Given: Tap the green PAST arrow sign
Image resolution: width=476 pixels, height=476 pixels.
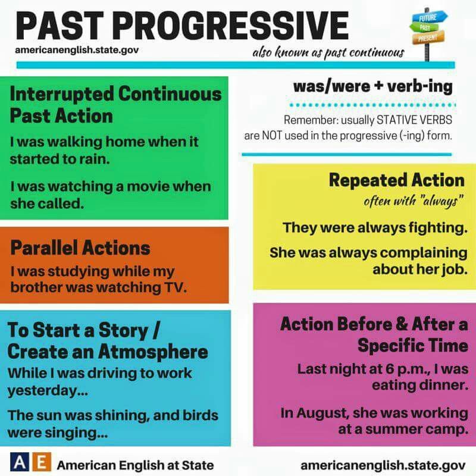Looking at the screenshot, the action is (424, 27).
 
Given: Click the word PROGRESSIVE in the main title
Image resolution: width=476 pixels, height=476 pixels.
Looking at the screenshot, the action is (232, 26).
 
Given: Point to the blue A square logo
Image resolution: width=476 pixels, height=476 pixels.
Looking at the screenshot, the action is (20, 463).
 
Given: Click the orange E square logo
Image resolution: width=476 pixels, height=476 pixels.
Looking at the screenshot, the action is (41, 463).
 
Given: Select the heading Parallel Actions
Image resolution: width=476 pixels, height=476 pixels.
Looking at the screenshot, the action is (80, 248).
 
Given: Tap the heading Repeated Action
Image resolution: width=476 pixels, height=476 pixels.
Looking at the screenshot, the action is (397, 180).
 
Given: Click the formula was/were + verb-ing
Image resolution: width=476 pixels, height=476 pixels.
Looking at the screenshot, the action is (373, 86).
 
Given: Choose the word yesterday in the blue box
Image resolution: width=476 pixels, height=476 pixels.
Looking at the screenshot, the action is (48, 391).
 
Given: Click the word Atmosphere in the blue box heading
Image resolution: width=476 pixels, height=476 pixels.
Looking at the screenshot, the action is (153, 352).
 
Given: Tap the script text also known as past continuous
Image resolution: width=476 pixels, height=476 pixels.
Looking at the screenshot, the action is (328, 52).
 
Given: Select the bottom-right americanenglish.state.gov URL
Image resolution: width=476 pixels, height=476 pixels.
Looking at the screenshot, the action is (383, 465).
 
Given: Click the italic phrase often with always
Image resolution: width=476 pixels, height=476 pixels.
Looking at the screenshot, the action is (414, 201).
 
